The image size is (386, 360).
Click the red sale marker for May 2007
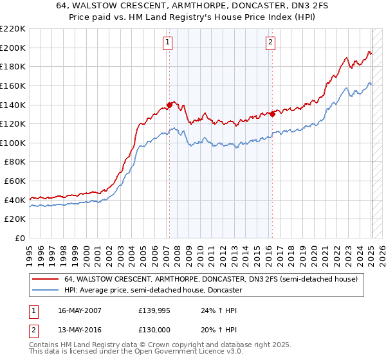click(169, 104)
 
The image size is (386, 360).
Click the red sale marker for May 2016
click(272, 114)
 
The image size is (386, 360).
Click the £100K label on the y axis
click(13, 143)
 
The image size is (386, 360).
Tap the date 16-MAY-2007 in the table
click(79, 310)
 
